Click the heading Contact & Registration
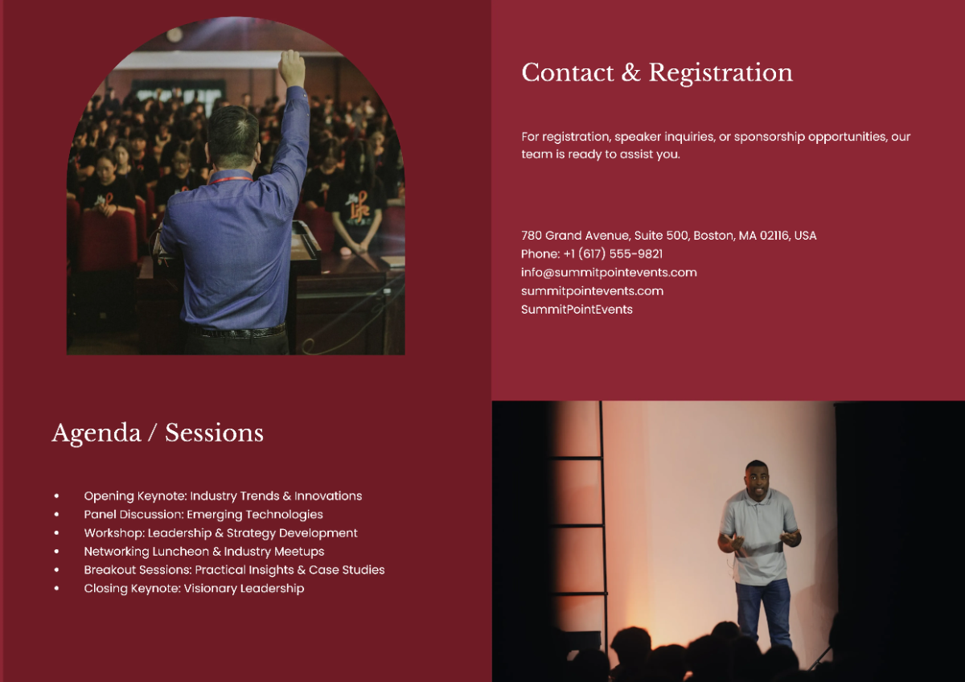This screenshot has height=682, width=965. [x=656, y=72]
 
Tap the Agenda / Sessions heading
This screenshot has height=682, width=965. [x=158, y=433]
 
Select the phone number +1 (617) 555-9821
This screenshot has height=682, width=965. [x=592, y=254]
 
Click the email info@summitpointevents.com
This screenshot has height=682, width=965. [x=609, y=273]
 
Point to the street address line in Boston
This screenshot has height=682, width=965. [x=668, y=236]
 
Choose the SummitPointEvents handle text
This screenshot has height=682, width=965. [x=577, y=310]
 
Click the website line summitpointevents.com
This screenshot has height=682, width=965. [x=592, y=291]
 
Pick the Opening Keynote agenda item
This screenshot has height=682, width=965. [x=223, y=496]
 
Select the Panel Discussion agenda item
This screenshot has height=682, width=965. [x=203, y=515]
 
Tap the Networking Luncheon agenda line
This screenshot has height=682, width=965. [x=204, y=552]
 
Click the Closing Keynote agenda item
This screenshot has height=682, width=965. [x=194, y=589]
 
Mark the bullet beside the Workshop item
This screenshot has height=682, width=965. [x=56, y=533]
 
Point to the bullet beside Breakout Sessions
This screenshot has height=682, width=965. [x=56, y=570]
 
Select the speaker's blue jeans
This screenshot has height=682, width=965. [x=762, y=611]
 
